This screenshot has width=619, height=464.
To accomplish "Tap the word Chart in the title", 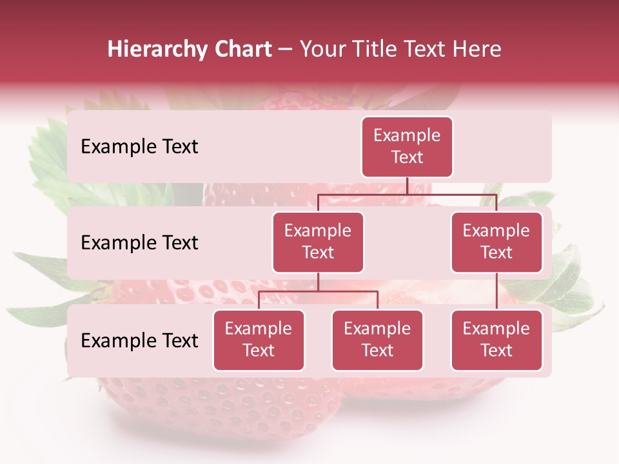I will (x=240, y=49).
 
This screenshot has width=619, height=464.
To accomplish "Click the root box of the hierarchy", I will (x=407, y=147).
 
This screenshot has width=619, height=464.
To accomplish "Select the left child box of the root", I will (x=318, y=242).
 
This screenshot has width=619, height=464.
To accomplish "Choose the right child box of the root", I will (x=496, y=242).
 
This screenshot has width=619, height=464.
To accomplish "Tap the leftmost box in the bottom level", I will (x=259, y=340).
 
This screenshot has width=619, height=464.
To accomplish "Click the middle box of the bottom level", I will (x=377, y=340).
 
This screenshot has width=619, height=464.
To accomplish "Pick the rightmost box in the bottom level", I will (x=496, y=340).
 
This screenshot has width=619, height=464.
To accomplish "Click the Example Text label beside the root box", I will (x=139, y=147).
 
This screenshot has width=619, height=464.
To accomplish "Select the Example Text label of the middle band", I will (x=139, y=243).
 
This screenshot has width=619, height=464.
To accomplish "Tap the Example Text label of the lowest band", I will (x=139, y=341).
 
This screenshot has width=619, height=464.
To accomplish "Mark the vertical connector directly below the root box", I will (x=407, y=186).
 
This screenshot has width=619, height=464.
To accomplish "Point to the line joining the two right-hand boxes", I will (x=496, y=291).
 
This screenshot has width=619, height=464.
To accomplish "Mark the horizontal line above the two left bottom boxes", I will (x=318, y=291).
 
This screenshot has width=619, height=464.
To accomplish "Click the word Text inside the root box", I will (x=407, y=158).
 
